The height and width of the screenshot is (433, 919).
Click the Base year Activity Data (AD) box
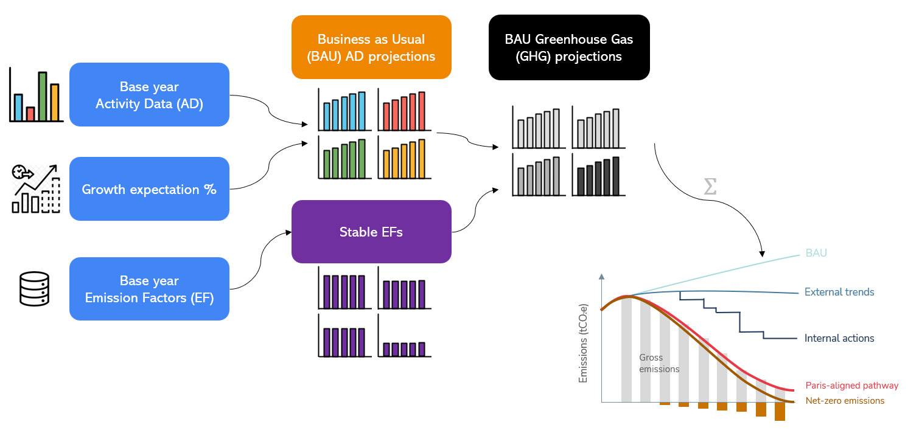tap(149, 95)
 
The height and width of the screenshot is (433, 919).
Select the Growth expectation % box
tap(149, 189)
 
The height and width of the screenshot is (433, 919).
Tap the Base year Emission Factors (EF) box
tap(149, 289)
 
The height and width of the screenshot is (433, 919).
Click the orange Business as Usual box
tap(371, 47)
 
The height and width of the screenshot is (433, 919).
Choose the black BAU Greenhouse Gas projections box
tap(569, 47)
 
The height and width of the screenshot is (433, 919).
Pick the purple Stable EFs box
tap(371, 232)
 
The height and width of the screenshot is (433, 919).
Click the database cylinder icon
tap(34, 289)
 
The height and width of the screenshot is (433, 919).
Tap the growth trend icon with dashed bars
tap(36, 189)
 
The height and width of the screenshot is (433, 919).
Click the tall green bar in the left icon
tap(43, 95)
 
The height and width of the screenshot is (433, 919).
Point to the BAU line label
tap(816, 253)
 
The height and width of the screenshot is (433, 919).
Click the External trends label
tap(839, 292)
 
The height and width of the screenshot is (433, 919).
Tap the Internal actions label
tap(839, 338)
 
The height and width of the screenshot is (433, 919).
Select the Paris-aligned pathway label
tap(851, 386)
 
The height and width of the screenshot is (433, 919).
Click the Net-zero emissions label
tap(845, 401)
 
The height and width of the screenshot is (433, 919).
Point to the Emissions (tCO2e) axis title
tap(584, 343)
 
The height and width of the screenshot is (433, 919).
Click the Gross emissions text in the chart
tap(659, 363)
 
